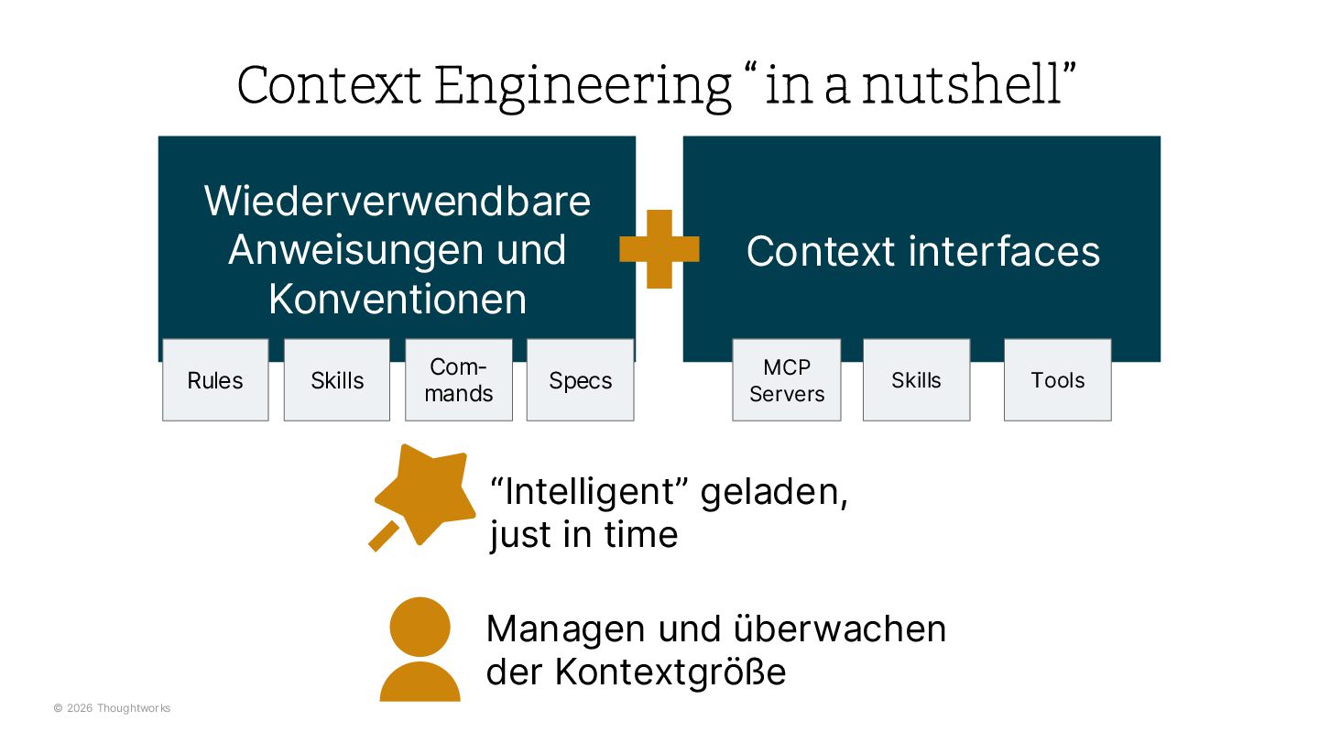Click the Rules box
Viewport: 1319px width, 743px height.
point(215,380)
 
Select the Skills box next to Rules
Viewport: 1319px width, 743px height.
point(337,380)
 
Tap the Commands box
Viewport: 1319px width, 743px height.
point(459,380)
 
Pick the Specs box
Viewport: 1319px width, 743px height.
point(580,380)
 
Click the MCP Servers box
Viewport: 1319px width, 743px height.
point(787,380)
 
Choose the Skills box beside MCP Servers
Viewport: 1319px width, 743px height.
point(916,380)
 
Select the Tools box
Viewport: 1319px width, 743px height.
point(1057,380)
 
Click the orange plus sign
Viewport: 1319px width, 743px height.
point(659,249)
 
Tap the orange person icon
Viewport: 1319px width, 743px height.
point(420,649)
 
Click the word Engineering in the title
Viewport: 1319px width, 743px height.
point(583,86)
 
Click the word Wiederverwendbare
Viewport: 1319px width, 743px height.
point(398,201)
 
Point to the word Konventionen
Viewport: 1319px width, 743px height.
point(398,300)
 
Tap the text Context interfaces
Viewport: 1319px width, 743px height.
point(922,251)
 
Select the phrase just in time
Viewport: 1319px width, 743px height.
point(583,534)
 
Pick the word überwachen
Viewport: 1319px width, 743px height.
point(840,628)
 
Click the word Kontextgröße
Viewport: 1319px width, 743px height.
point(670,672)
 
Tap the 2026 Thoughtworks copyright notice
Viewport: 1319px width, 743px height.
point(112,708)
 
